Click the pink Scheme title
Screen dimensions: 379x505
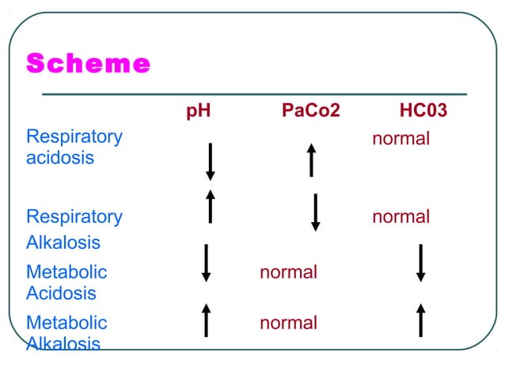point(88,64)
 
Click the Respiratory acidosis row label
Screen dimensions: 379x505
point(74,147)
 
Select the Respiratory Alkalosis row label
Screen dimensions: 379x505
point(74,229)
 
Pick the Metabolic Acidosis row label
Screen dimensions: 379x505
point(66,282)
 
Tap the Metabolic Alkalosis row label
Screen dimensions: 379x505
point(66,333)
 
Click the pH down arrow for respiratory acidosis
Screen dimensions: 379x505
point(211,162)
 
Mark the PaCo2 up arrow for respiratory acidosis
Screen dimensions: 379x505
point(312,159)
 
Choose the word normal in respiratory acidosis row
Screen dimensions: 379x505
point(401,139)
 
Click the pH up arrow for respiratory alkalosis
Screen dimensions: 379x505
point(211,206)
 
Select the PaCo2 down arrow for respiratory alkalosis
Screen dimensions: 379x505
point(316,212)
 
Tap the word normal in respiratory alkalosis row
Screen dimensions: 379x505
point(401,216)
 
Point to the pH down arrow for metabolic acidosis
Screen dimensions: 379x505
point(206,262)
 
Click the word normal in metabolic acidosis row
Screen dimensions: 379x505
point(288,272)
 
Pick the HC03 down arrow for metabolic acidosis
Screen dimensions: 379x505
point(421,262)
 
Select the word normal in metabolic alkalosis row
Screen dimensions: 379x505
point(288,323)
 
